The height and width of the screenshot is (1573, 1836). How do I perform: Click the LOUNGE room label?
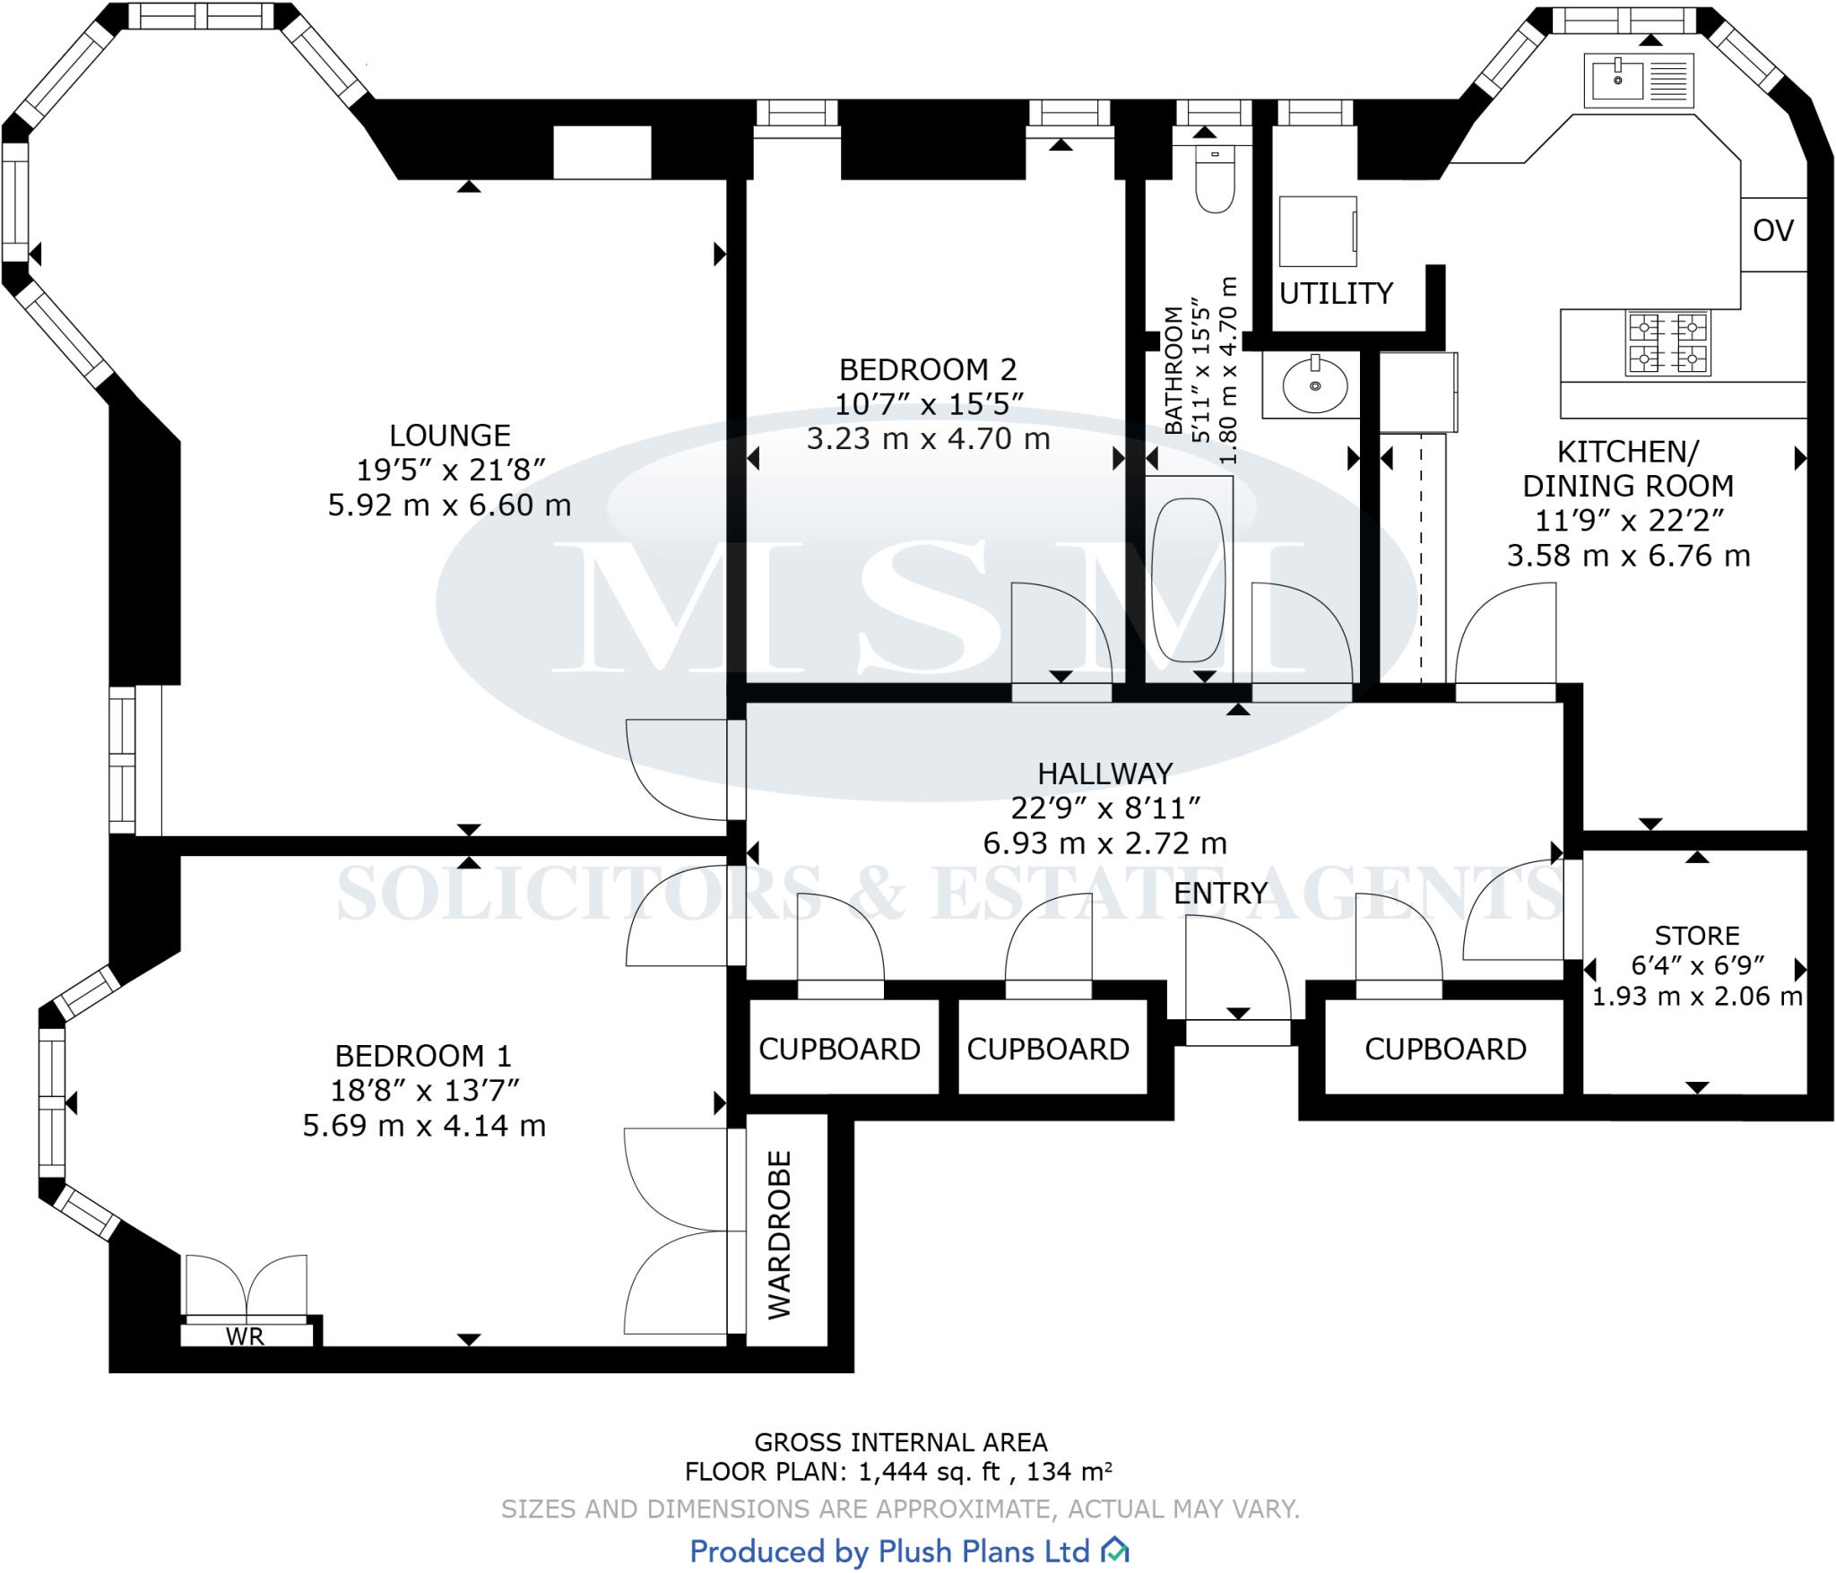[449, 436]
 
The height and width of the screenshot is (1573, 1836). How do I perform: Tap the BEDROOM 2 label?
[927, 369]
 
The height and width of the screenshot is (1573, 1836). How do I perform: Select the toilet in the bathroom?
[1215, 178]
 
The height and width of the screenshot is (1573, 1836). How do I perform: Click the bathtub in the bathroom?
[1188, 579]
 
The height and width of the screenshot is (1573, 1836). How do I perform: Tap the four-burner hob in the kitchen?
[1667, 342]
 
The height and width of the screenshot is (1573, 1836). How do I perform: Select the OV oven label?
[1772, 231]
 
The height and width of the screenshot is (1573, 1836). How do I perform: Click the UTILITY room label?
[1335, 293]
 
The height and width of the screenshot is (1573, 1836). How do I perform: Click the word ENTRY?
[1220, 893]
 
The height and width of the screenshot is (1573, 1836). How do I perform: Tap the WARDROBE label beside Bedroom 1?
[780, 1234]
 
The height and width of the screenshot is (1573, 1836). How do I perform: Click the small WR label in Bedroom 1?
[245, 1336]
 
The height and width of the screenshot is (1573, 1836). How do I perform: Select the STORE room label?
[1696, 936]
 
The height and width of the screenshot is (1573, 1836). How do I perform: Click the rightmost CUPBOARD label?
[1445, 1049]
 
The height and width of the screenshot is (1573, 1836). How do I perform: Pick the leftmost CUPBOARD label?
[839, 1049]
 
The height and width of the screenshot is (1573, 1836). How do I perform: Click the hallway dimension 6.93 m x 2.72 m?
[1104, 843]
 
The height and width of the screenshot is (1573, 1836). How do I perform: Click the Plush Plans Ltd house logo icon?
[1114, 1550]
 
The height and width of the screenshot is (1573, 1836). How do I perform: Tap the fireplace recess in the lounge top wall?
[602, 152]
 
